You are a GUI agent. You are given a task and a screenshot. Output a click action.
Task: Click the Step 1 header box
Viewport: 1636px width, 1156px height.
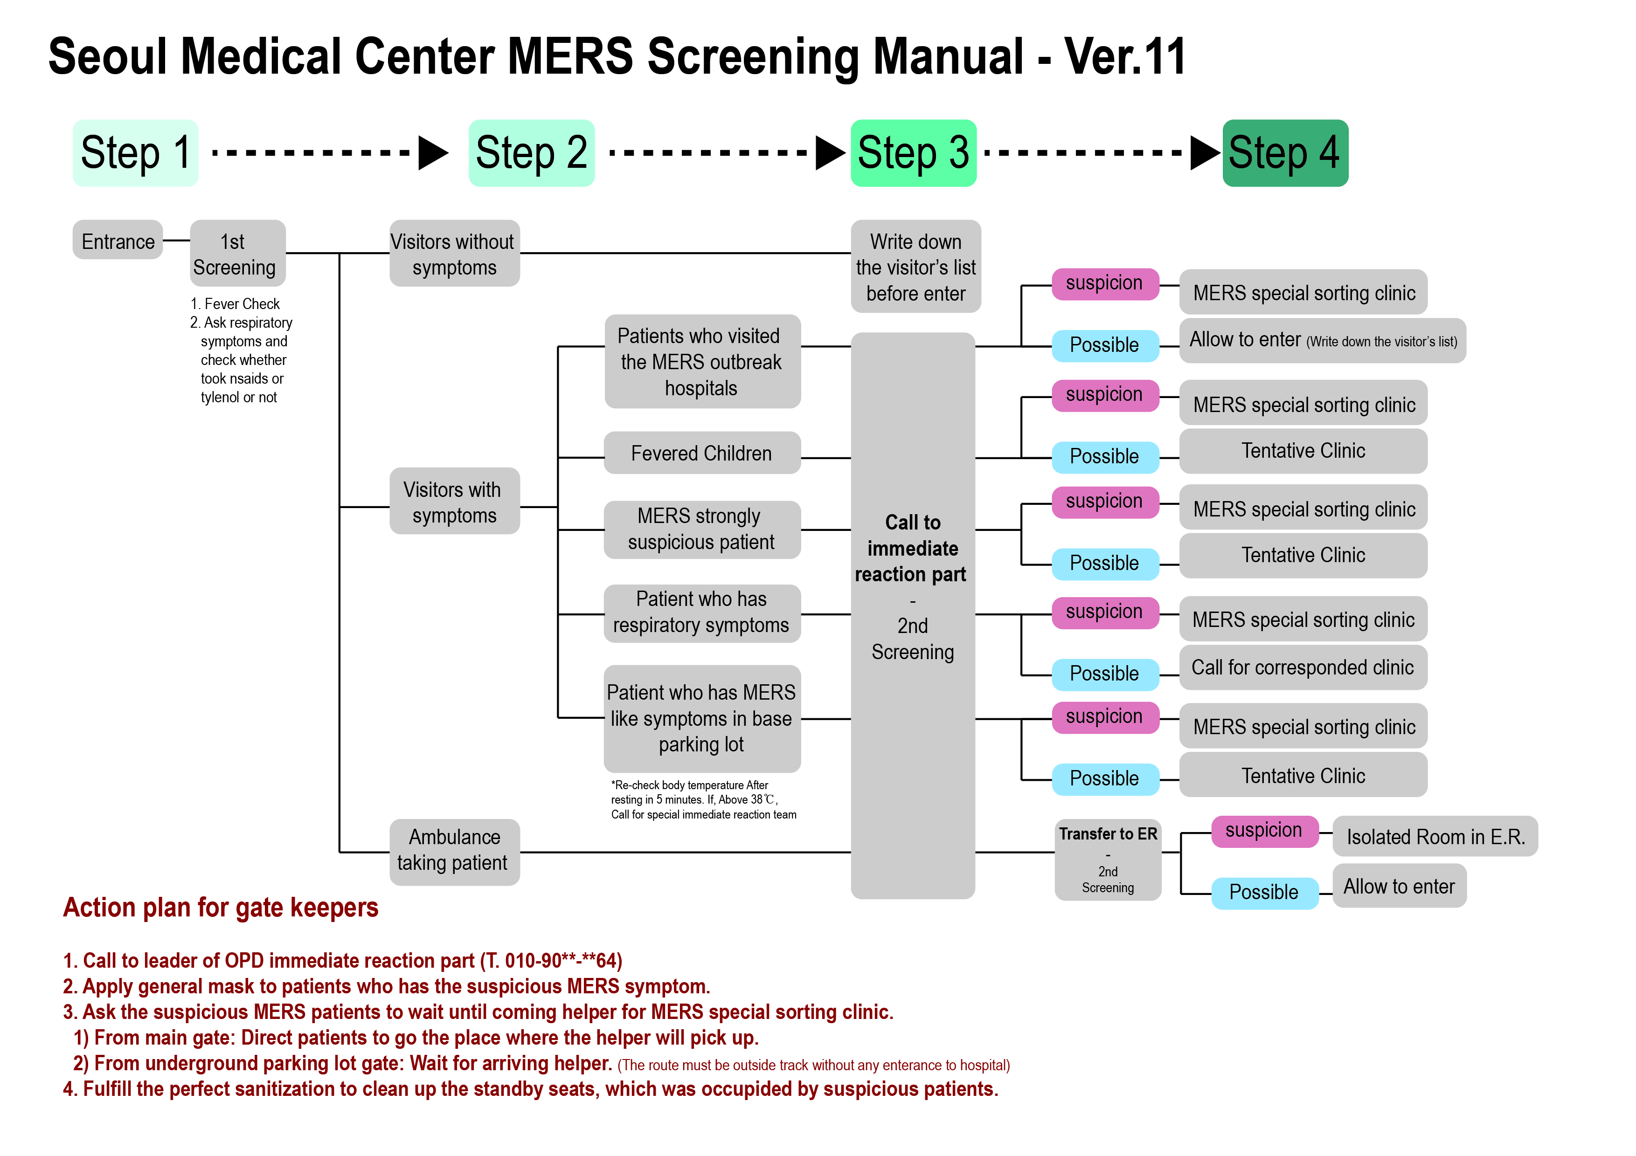point(135,153)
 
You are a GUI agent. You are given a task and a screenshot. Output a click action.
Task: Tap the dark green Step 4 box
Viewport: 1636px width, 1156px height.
point(1285,153)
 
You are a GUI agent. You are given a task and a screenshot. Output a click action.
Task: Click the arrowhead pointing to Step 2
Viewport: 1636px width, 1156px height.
point(432,152)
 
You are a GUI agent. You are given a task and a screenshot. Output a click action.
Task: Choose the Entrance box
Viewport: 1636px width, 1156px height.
point(118,241)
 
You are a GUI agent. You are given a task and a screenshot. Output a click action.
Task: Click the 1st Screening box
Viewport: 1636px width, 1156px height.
point(237,254)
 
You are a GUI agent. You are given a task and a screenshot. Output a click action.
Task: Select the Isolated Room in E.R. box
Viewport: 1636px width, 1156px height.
point(1435,836)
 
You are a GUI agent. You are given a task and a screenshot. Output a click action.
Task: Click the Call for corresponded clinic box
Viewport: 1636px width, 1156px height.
point(1303,667)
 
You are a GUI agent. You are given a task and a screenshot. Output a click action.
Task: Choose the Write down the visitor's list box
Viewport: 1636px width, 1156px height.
point(915,266)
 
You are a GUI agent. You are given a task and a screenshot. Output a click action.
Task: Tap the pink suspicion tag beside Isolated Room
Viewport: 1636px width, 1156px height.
point(1263,831)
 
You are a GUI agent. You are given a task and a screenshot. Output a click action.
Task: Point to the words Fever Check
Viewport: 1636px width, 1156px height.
point(242,303)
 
